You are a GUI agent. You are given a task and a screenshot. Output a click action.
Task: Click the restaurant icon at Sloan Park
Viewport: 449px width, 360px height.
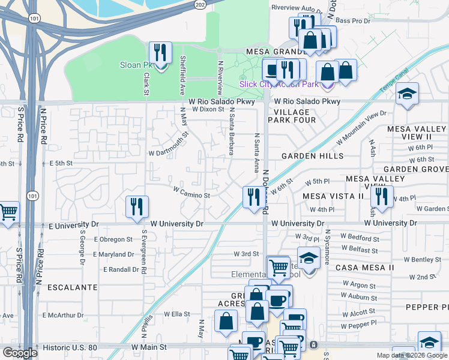tap(160, 53)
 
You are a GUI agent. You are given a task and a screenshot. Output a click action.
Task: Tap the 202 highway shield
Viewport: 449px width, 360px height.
tap(200, 4)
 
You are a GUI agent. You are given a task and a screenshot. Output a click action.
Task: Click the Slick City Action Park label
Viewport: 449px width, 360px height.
tap(279, 84)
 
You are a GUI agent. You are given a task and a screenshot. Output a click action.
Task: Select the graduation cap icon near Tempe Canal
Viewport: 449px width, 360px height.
tap(407, 94)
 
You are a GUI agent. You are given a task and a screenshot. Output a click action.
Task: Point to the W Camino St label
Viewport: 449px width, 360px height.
tap(191, 195)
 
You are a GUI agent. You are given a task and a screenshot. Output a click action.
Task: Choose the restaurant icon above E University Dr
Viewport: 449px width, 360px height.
tap(137, 207)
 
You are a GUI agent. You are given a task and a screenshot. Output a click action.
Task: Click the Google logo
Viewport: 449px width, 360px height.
tap(20, 353)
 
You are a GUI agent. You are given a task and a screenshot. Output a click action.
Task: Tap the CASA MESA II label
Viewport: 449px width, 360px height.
tap(364, 267)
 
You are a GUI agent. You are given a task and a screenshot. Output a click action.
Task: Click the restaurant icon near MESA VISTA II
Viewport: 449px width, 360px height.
tap(381, 196)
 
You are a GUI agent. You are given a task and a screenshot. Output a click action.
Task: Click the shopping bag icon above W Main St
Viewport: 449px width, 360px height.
tap(226, 321)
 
